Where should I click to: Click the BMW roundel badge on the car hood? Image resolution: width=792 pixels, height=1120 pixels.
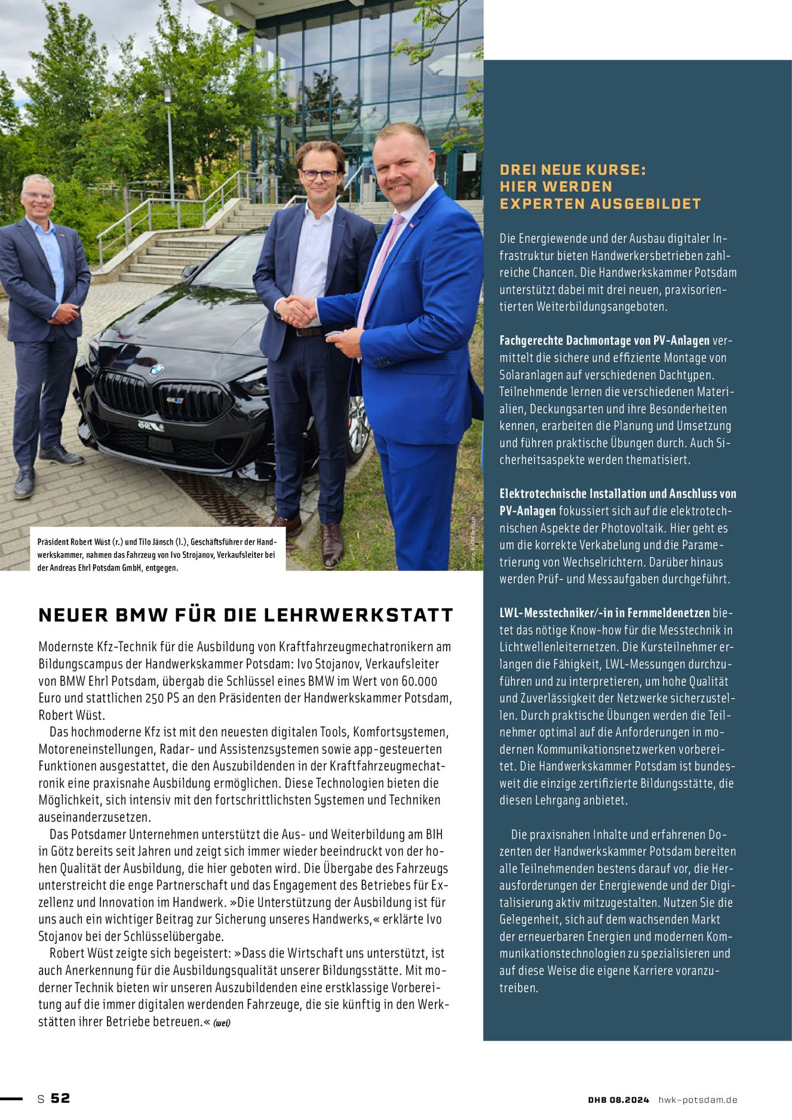156,370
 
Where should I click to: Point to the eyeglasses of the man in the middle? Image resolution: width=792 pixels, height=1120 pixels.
319,175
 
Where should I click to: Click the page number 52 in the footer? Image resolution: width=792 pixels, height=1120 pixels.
60,1098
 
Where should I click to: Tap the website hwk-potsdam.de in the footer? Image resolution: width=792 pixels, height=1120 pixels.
698,1100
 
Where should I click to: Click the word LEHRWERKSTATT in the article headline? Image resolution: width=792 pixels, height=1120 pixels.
358,615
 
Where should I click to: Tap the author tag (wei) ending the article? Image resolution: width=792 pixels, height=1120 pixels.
222,1022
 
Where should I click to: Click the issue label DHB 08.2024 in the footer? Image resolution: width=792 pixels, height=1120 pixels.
618,1100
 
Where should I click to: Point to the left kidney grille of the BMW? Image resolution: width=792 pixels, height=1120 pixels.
123,392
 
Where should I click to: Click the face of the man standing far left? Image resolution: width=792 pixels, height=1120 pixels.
38,197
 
